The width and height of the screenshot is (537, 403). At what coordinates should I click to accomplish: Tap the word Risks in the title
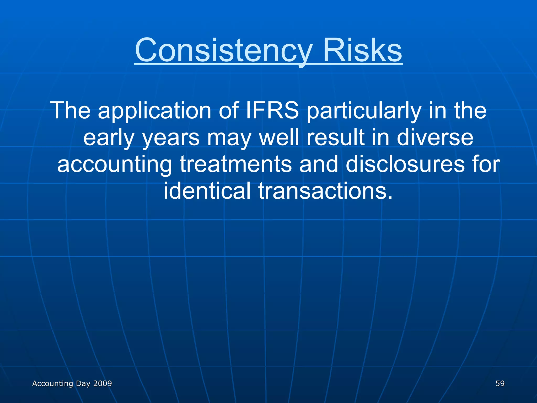362,50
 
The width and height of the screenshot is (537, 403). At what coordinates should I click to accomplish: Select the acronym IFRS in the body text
272,110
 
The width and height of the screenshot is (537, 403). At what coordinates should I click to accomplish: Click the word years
171,138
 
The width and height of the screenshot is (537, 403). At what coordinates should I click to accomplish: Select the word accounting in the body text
115,165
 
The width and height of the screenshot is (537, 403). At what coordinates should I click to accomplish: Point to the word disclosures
405,164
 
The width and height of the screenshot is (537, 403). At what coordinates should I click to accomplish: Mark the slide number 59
500,384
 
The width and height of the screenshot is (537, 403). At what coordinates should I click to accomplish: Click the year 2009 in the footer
103,384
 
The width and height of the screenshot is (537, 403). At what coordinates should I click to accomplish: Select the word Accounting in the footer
52,384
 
